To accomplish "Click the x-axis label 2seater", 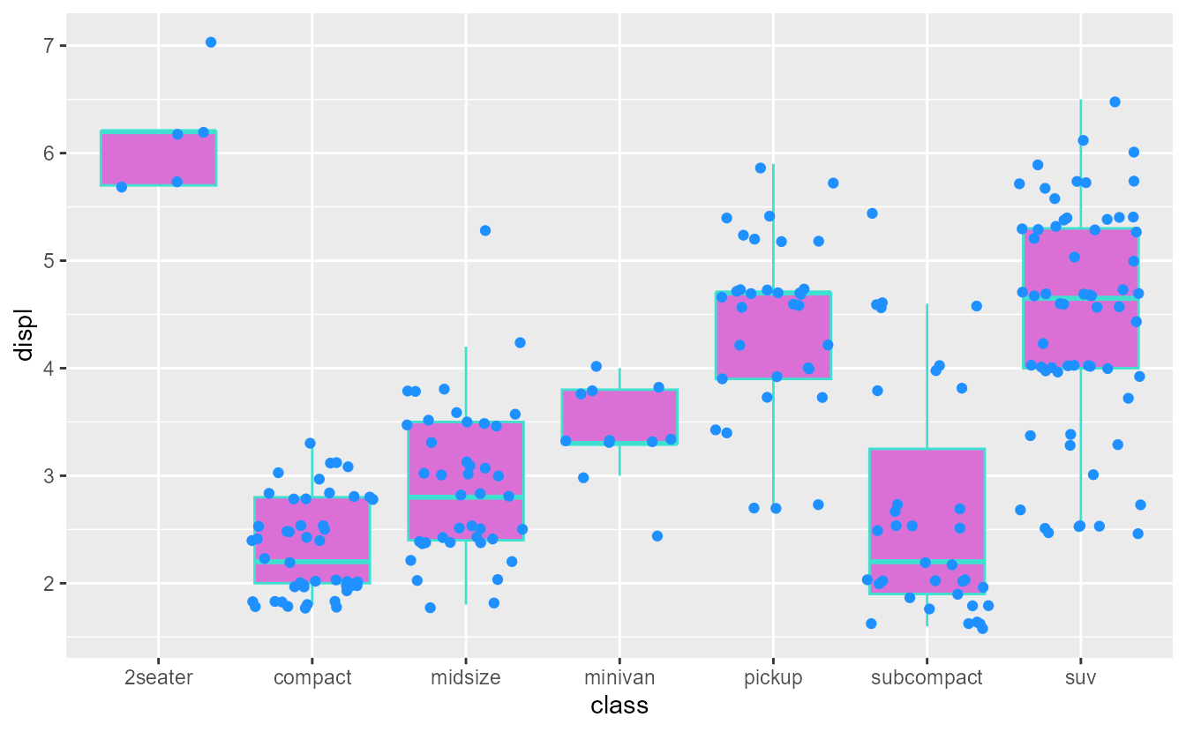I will (158, 678).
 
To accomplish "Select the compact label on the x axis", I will (312, 678).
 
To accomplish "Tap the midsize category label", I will (465, 678).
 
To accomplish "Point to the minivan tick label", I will (619, 678).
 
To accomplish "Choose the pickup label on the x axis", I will (773, 678).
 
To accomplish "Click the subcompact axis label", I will (927, 678).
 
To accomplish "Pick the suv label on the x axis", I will (1080, 678).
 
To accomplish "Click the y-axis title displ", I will (25, 334).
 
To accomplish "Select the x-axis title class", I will (619, 706).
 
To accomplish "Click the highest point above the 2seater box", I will (211, 42).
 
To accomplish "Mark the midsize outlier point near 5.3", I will (484, 230).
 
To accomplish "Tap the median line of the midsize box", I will (465, 498).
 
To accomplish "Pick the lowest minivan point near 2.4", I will (657, 536).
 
